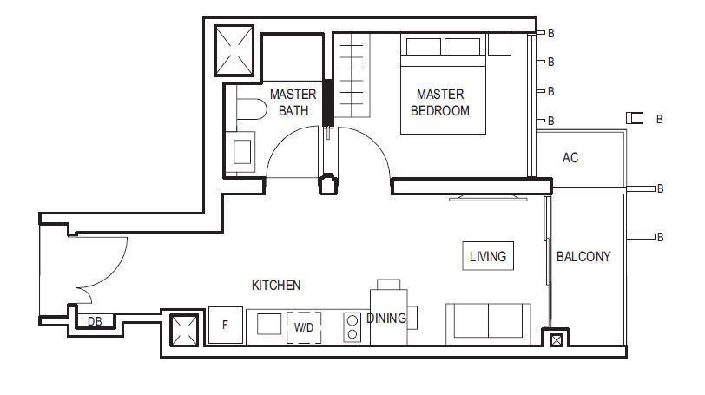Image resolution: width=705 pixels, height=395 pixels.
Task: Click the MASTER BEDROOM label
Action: [439, 102]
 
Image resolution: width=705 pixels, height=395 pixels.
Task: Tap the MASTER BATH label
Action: [293, 102]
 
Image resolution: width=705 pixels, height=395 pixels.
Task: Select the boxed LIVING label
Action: [488, 256]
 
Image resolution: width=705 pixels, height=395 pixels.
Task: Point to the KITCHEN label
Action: [276, 285]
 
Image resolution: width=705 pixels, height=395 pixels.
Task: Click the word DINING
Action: [386, 318]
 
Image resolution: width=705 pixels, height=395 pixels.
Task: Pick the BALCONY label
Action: [583, 256]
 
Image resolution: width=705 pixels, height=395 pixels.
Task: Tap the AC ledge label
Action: [570, 158]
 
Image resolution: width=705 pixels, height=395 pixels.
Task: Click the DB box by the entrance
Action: [95, 321]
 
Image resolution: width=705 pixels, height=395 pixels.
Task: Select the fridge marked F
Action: [225, 326]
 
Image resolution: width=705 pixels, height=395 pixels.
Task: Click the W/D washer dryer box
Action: [304, 327]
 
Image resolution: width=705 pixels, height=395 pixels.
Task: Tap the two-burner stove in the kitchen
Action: [352, 326]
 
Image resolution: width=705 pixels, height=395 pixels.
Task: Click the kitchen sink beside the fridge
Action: [269, 324]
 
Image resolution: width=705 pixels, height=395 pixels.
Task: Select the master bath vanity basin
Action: [241, 152]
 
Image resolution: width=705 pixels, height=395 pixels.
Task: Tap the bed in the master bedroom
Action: [443, 84]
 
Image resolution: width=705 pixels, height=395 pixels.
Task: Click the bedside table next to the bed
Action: [499, 44]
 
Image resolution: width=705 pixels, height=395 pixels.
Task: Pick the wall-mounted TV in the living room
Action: [488, 197]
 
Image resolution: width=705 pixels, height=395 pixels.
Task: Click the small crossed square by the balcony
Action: [557, 340]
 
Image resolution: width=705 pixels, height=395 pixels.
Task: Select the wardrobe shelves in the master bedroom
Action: [352, 75]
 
